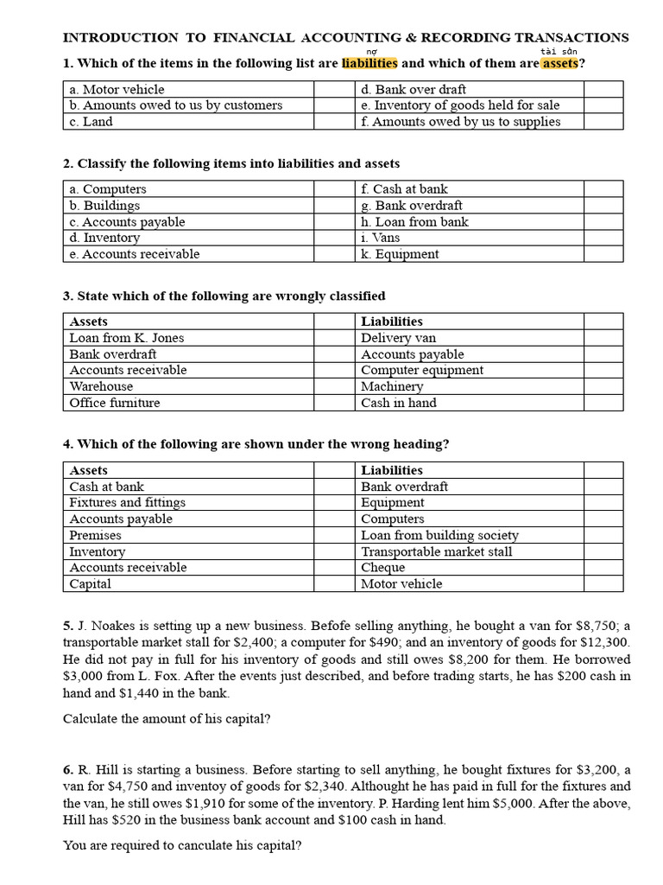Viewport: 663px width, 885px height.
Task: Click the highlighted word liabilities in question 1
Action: (369, 63)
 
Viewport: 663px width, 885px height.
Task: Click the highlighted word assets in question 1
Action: (560, 63)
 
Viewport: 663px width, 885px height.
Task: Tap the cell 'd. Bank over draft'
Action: (414, 89)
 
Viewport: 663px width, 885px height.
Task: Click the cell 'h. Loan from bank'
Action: (414, 221)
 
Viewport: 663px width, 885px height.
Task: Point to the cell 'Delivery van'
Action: (398, 338)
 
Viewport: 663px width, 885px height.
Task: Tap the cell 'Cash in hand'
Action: (398, 403)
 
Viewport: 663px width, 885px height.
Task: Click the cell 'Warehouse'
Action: (101, 386)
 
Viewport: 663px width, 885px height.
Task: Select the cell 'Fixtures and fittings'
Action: (127, 502)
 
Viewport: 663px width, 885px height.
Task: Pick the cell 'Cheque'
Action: (382, 567)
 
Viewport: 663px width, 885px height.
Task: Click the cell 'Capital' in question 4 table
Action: (90, 583)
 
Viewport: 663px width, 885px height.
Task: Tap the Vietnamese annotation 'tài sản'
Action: (559, 51)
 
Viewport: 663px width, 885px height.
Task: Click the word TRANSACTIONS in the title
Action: (571, 37)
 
